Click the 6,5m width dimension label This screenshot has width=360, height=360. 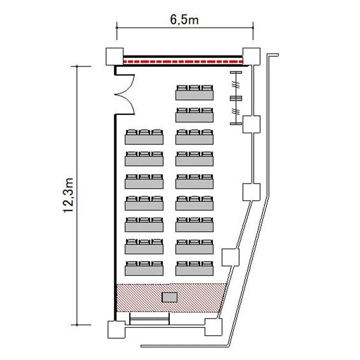[x=184, y=20]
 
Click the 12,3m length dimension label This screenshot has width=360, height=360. [x=69, y=195]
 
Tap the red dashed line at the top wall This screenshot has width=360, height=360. [x=183, y=61]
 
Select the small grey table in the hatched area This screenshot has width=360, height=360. [x=169, y=297]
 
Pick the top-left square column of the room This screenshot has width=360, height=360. [x=115, y=57]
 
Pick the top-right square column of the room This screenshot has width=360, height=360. [x=252, y=57]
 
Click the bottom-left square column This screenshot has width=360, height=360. [x=117, y=329]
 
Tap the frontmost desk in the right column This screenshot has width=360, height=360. [x=194, y=92]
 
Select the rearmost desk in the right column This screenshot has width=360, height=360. [x=194, y=268]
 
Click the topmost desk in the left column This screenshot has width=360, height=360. [x=144, y=137]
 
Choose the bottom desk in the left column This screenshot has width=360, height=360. [x=144, y=268]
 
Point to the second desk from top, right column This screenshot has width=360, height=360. [x=194, y=115]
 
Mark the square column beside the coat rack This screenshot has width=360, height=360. [x=252, y=124]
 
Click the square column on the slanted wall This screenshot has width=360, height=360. [x=230, y=257]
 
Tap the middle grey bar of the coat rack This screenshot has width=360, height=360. [x=236, y=98]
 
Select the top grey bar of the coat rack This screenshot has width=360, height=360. [x=236, y=72]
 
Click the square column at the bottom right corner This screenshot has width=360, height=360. [x=214, y=327]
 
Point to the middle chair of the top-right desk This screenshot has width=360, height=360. [x=194, y=88]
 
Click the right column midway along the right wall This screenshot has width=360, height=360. [x=252, y=192]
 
